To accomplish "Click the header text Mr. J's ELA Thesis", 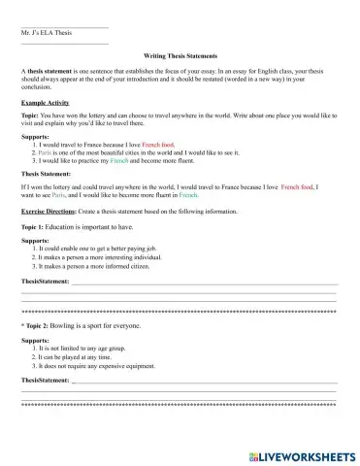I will click(47, 32).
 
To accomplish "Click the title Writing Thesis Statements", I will click(180, 56).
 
